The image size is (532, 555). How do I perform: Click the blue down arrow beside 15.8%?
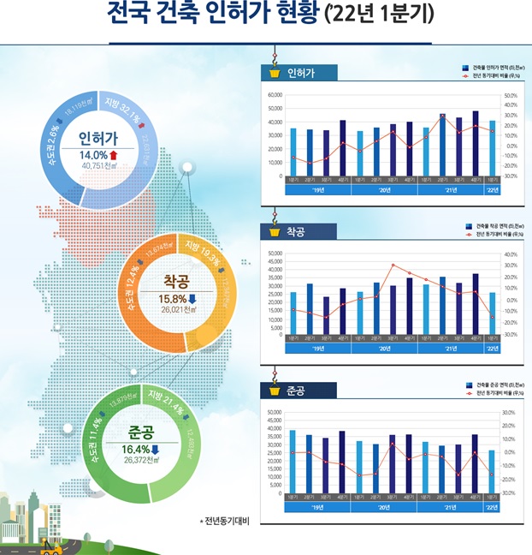pyautogui.click(x=192, y=298)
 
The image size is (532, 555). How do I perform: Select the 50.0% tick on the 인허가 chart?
pyautogui.click(x=511, y=96)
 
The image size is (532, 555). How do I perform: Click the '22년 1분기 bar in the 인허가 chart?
pyautogui.click(x=492, y=148)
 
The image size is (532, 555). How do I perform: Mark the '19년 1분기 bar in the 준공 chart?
pyautogui.click(x=293, y=462)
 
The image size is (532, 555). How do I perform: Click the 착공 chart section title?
pyautogui.click(x=296, y=231)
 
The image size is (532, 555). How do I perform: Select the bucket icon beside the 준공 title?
pyautogui.click(x=275, y=391)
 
